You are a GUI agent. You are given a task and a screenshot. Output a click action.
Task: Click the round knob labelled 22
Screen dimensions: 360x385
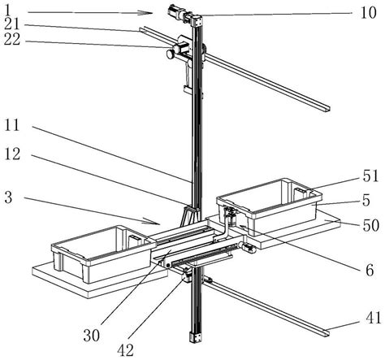[x=172, y=54]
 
